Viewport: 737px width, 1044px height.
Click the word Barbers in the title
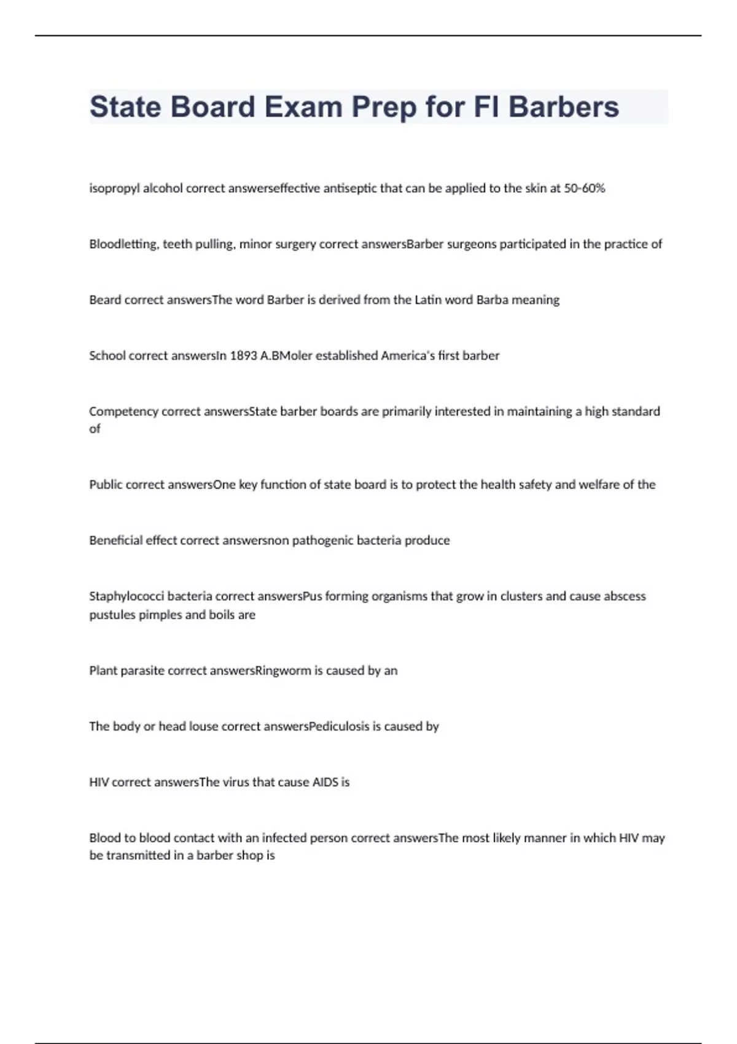coord(563,107)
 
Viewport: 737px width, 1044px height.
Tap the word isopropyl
coord(114,189)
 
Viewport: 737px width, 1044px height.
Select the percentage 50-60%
coord(584,189)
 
